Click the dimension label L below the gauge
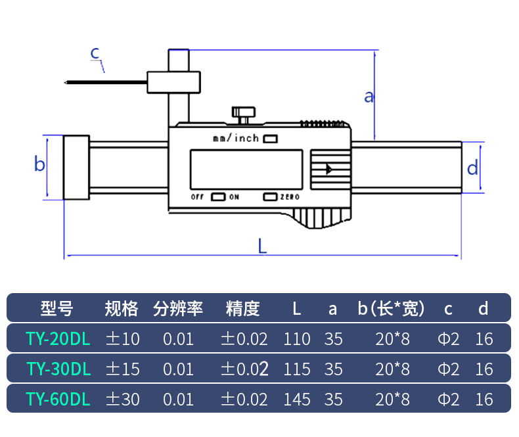(x=262, y=246)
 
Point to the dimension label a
(x=369, y=97)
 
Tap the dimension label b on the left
(x=39, y=164)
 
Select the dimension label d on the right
(x=472, y=168)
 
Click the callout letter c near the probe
(x=95, y=52)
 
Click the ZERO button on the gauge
(x=270, y=196)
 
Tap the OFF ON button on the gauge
(x=219, y=196)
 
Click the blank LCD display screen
(x=246, y=169)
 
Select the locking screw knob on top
(x=243, y=113)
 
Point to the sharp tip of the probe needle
(x=65, y=83)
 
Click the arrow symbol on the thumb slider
(x=328, y=169)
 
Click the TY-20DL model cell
(x=58, y=339)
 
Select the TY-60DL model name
(x=58, y=399)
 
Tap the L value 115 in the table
(x=297, y=369)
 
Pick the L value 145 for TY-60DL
(x=297, y=399)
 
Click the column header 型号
(x=57, y=308)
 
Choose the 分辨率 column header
(x=178, y=308)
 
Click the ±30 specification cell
(x=124, y=399)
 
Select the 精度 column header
(x=242, y=308)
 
